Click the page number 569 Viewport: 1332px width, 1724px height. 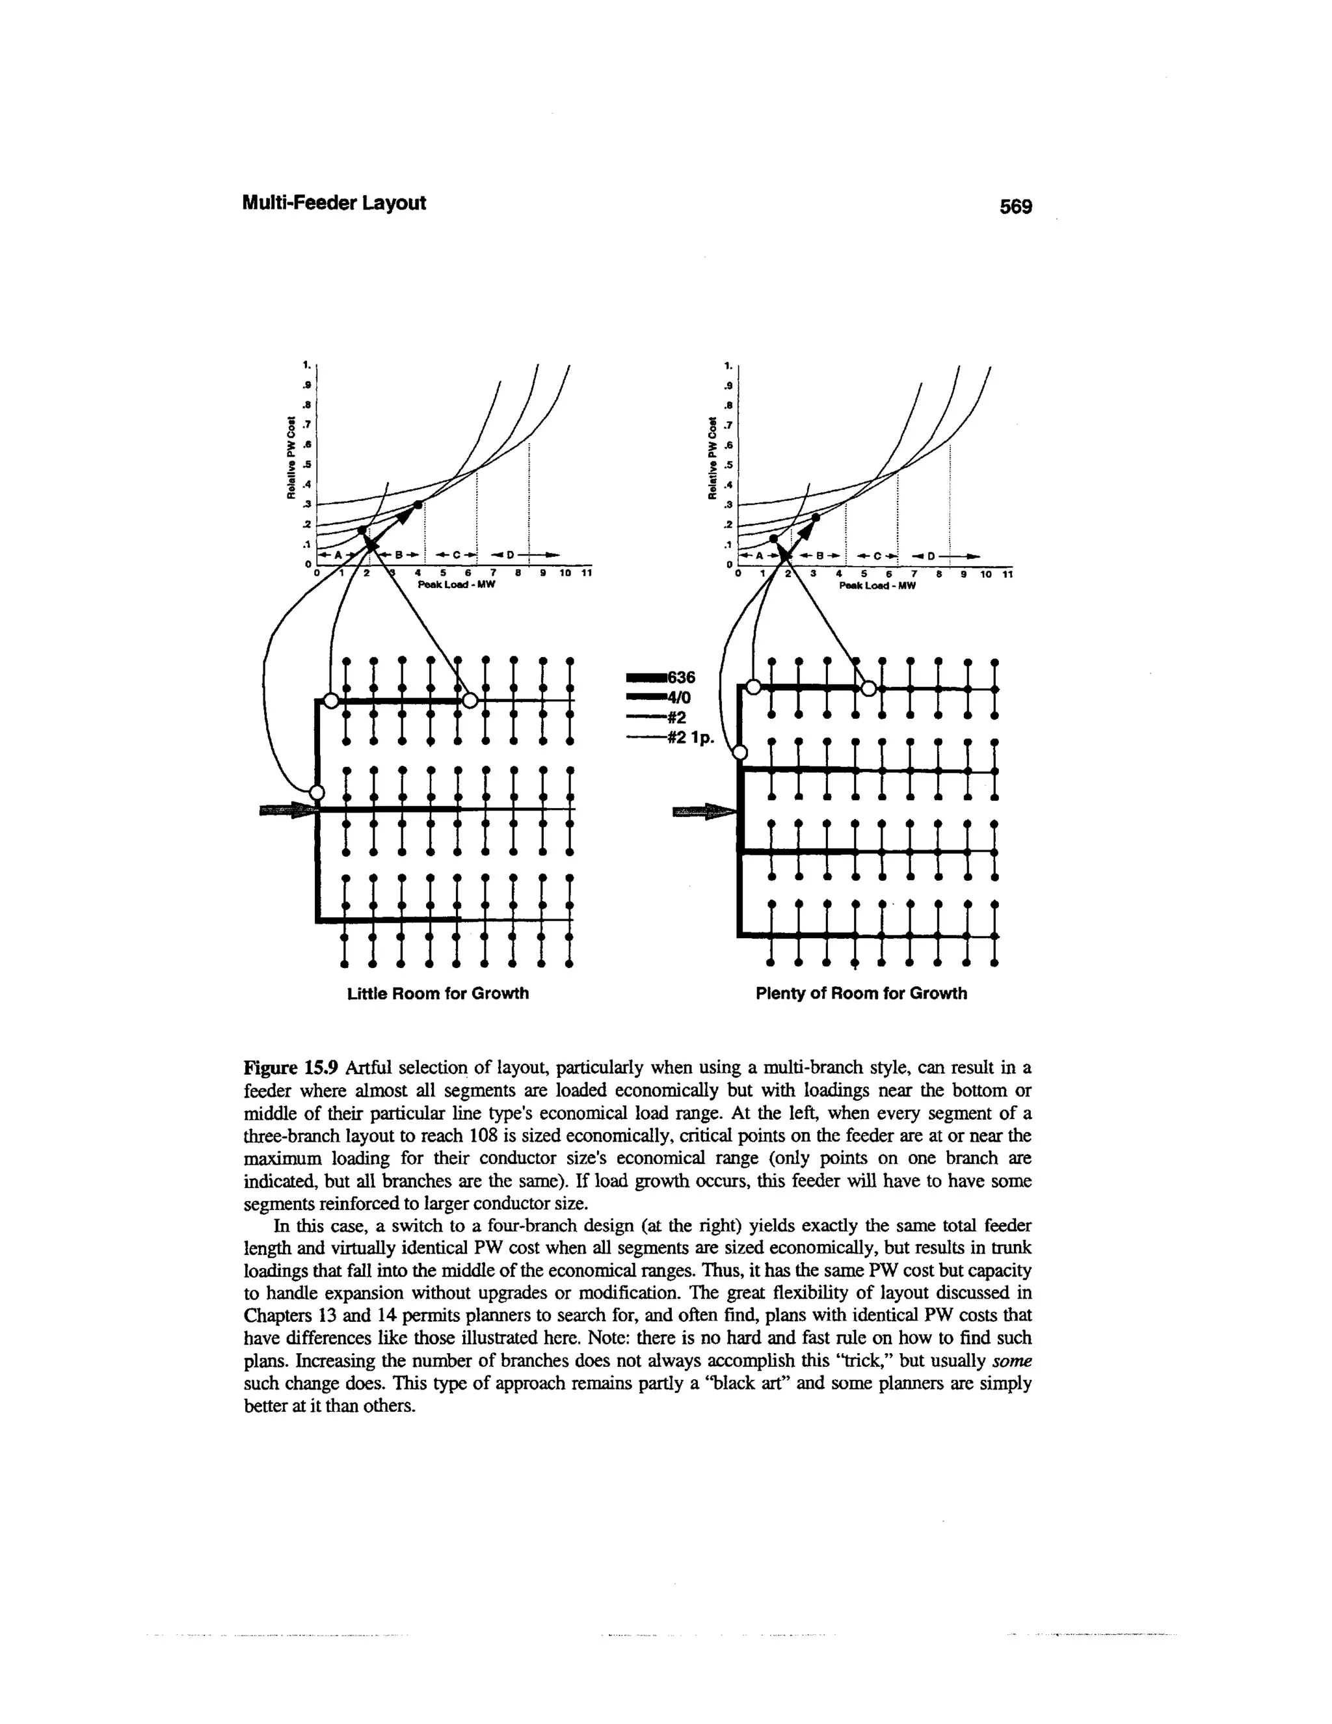click(1015, 207)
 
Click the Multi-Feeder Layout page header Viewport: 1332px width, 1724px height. click(333, 203)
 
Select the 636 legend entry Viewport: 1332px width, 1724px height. click(681, 677)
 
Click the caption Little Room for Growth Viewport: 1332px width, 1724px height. click(438, 993)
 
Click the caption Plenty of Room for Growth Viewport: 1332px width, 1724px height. click(861, 993)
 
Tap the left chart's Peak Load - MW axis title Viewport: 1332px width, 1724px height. click(455, 585)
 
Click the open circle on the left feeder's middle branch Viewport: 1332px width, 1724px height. click(317, 792)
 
